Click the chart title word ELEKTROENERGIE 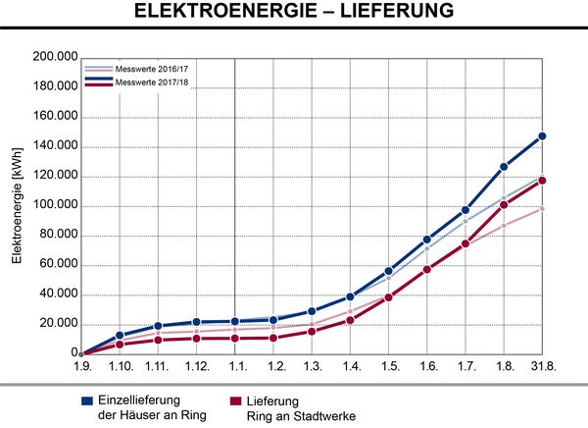point(225,10)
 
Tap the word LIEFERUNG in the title point(397,10)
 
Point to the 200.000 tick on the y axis point(55,57)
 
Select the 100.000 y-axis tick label point(55,205)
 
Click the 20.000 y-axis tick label point(59,324)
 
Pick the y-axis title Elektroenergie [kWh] point(17,206)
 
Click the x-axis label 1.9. point(82,365)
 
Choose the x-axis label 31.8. point(543,365)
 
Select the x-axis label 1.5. point(390,365)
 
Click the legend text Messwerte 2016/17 point(152,69)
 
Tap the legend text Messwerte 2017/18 point(152,82)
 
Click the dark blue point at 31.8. point(542,136)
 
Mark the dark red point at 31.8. point(542,181)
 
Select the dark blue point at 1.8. point(504,167)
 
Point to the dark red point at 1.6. point(426,269)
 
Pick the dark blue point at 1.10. point(120,335)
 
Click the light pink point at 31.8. point(542,209)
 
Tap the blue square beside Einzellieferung point(87,401)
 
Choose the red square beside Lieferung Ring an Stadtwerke point(235,401)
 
